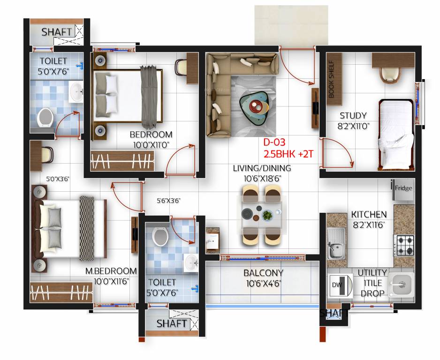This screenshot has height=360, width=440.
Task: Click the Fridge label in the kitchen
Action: coord(403,188)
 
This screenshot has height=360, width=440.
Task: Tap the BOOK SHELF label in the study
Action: coord(331,79)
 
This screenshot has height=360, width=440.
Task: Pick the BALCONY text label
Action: coord(264,273)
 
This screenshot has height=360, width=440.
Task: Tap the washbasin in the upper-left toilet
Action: coord(76,92)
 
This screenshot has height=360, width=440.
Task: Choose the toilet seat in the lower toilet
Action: coord(159,236)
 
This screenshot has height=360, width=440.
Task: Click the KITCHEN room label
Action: coord(369,214)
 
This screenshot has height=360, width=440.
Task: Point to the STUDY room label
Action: coord(353,116)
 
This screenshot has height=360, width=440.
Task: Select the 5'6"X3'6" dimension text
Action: coord(169,201)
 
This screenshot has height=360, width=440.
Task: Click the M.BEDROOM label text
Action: coord(111,271)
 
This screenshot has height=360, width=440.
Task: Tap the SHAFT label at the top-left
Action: coord(57,32)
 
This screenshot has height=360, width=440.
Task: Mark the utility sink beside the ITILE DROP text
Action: coord(401,284)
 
